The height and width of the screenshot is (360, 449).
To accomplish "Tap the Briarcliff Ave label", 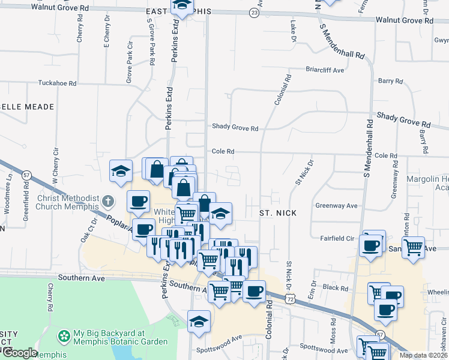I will click(325, 70).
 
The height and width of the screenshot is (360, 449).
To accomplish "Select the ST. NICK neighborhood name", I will click(278, 213).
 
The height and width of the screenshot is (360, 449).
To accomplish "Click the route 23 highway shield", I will click(256, 12).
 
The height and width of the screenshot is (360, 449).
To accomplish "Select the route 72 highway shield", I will click(291, 298).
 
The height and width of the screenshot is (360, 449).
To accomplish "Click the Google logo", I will click(19, 353).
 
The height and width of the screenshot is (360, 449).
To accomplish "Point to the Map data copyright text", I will click(423, 355).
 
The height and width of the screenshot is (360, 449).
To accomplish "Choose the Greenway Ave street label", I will click(336, 206).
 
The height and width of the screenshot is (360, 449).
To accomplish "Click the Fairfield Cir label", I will click(337, 238).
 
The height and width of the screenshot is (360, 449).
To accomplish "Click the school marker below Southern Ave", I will click(199, 320).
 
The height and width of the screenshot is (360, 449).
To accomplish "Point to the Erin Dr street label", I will click(312, 289).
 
